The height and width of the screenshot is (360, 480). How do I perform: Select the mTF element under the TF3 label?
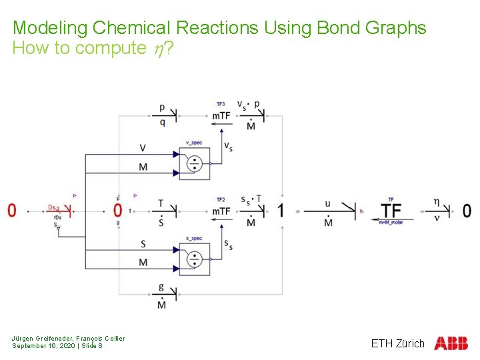tap(221, 116)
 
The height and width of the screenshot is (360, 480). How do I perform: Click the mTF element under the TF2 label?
tap(221, 211)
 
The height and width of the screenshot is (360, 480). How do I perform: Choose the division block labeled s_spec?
tap(194, 259)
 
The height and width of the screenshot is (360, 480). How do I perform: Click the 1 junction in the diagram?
tap(281, 211)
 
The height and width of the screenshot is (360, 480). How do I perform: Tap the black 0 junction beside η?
tap(467, 211)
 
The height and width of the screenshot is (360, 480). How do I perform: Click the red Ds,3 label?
tap(54, 207)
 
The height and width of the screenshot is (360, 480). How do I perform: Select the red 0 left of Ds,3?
tap(12, 211)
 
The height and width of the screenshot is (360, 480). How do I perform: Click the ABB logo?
tap(451, 343)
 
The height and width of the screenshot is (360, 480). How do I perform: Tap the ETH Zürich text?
tap(397, 343)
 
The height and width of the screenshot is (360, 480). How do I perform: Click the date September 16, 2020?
tap(43, 346)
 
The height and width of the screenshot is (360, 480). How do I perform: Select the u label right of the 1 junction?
tap(327, 203)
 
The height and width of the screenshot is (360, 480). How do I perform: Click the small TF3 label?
tap(221, 104)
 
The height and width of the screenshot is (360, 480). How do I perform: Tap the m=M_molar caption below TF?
tap(391, 222)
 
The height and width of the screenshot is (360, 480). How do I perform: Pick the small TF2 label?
tap(221, 199)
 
